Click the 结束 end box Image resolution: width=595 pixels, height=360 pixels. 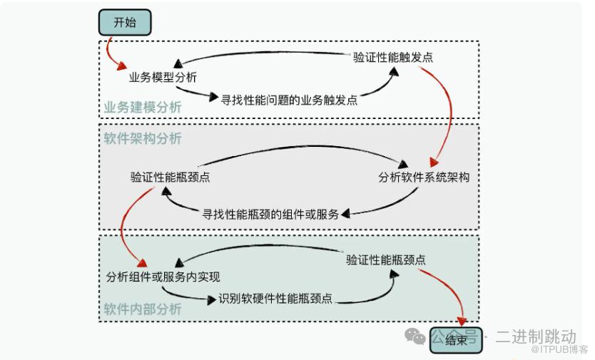[456, 340]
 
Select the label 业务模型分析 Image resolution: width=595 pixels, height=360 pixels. [163, 77]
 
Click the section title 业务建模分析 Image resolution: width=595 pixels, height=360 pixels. [143, 108]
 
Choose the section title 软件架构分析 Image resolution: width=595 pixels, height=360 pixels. [143, 138]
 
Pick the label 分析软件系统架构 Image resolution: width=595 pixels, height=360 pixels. [424, 178]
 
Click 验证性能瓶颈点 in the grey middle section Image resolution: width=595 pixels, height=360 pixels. [170, 178]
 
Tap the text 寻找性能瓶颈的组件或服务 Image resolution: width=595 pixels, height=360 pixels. [270, 213]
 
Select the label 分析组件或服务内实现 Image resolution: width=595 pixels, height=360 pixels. [163, 277]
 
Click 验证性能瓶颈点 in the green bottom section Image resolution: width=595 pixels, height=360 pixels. [386, 259]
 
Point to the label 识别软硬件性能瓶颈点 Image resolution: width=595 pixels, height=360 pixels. [275, 299]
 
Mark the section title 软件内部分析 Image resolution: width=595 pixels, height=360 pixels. [143, 309]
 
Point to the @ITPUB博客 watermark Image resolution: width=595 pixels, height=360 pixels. [559, 349]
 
